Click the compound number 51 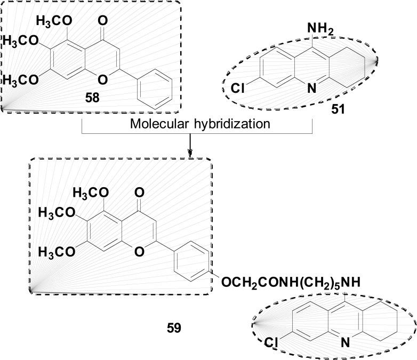click(x=338, y=110)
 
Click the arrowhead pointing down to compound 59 click(x=190, y=154)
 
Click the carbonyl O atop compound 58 click(x=103, y=22)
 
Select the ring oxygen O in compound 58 click(x=103, y=80)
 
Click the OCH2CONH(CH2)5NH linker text click(x=288, y=281)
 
